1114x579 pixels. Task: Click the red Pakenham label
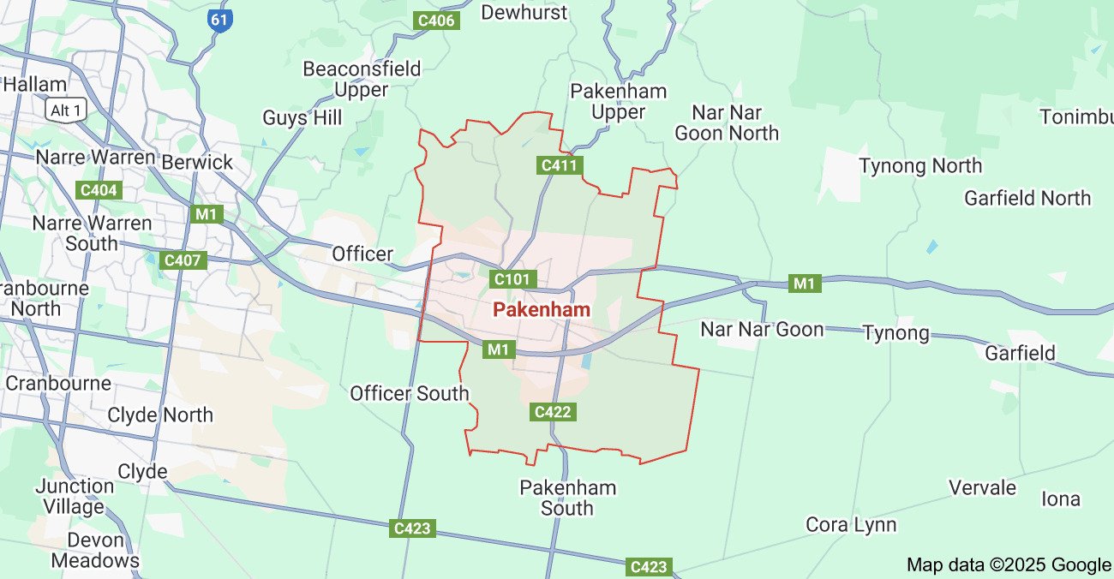[542, 310]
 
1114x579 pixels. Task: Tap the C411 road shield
[560, 165]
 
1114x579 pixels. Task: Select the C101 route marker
[513, 279]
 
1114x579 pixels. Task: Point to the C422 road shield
[552, 412]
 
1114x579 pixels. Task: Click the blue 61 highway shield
[220, 19]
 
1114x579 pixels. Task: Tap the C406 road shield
[434, 20]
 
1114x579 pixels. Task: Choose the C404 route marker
[99, 190]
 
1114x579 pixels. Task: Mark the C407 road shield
[183, 260]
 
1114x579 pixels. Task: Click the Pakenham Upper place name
[618, 102]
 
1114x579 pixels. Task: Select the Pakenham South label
[567, 498]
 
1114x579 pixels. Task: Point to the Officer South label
[409, 394]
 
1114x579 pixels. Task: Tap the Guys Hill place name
[302, 117]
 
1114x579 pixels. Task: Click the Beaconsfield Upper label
[362, 79]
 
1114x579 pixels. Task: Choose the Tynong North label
[920, 166]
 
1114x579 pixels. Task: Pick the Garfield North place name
[1027, 199]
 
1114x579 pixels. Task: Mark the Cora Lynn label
[850, 525]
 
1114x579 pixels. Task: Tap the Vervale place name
[982, 488]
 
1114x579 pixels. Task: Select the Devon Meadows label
[94, 551]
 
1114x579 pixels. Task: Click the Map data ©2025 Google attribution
[1008, 564]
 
